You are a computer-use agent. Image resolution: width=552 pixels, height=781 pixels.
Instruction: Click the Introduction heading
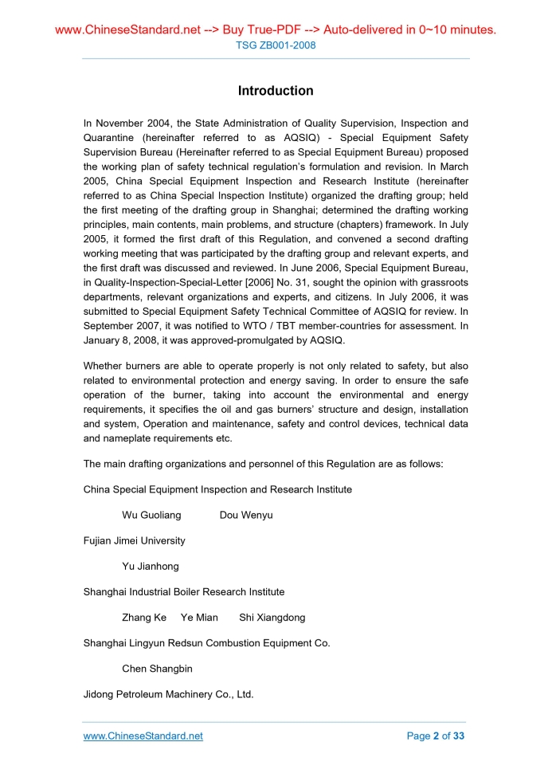pos(276,91)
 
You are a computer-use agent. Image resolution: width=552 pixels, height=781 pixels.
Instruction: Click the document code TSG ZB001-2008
pos(276,45)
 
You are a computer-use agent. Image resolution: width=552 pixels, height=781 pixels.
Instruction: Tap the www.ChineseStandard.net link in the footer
pos(143,736)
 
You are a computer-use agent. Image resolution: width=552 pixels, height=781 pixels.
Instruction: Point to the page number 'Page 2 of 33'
pos(435,736)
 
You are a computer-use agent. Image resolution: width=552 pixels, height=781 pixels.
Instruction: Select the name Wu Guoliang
pos(151,515)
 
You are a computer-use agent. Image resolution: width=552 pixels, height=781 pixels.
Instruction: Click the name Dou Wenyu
pos(246,515)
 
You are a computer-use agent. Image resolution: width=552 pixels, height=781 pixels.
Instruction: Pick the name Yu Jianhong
pos(151,566)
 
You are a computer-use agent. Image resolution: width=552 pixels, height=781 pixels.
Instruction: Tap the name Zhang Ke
pos(144,618)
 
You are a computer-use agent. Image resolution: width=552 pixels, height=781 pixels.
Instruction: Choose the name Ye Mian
pos(199,618)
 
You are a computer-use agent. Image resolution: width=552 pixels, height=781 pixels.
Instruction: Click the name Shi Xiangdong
pos(272,618)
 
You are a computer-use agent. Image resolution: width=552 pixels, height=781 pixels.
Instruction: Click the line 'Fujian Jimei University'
pos(134,540)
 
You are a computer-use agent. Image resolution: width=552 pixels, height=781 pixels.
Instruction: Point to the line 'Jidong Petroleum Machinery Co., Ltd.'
pos(168,694)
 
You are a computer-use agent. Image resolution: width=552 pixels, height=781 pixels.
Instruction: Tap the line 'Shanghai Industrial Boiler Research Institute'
pos(184,592)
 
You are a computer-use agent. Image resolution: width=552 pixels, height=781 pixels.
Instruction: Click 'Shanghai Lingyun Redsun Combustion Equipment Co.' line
pos(206,643)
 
